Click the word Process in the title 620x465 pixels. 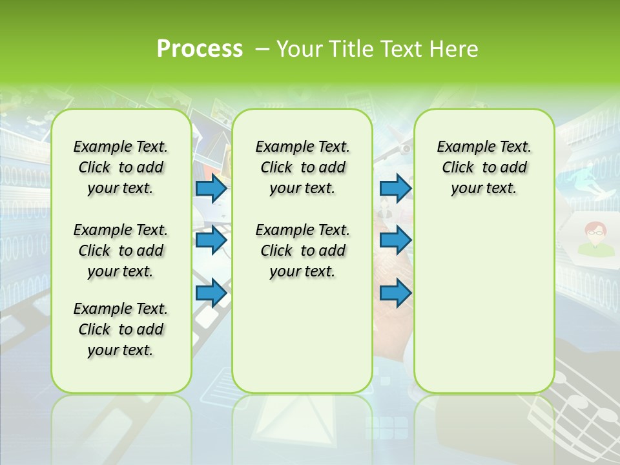[x=200, y=48]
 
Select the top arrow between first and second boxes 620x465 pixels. [x=211, y=189]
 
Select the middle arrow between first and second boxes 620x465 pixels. [x=211, y=241]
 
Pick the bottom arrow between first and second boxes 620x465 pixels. [x=211, y=293]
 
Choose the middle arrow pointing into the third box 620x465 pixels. [x=395, y=241]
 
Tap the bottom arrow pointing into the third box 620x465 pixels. [x=395, y=293]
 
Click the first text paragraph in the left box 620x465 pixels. [x=121, y=167]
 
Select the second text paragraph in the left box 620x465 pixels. [x=121, y=251]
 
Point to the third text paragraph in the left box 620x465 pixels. [x=121, y=329]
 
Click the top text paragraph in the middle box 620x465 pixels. [x=302, y=167]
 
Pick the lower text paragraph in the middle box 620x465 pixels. [x=302, y=251]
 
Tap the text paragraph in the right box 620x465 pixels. [x=484, y=167]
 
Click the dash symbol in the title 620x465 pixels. [x=262, y=49]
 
